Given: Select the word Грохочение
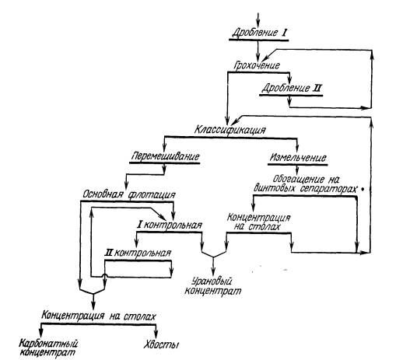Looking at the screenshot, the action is (x=257, y=65).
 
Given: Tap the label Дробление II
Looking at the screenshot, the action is (x=291, y=89).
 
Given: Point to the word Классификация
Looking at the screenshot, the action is (x=230, y=129).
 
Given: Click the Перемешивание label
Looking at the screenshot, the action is (x=166, y=156).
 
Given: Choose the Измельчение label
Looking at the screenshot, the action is (x=298, y=158).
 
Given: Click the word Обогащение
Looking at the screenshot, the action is (x=299, y=179).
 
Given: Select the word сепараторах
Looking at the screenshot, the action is (x=328, y=188).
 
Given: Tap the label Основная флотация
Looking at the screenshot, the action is (x=129, y=194).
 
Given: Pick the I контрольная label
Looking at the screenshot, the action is (x=170, y=225).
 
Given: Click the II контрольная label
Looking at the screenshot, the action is (x=138, y=253).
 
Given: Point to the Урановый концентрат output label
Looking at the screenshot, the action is (x=212, y=285).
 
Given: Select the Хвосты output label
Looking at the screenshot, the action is (x=161, y=345).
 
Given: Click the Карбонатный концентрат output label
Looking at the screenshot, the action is (x=48, y=348).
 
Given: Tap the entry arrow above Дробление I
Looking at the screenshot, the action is (x=258, y=20).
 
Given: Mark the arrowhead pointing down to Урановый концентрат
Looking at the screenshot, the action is (x=213, y=271).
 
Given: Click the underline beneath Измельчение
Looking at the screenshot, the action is (x=298, y=165).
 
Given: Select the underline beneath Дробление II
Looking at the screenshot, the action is (x=291, y=96).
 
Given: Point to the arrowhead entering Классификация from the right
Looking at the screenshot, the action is (x=236, y=121).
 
